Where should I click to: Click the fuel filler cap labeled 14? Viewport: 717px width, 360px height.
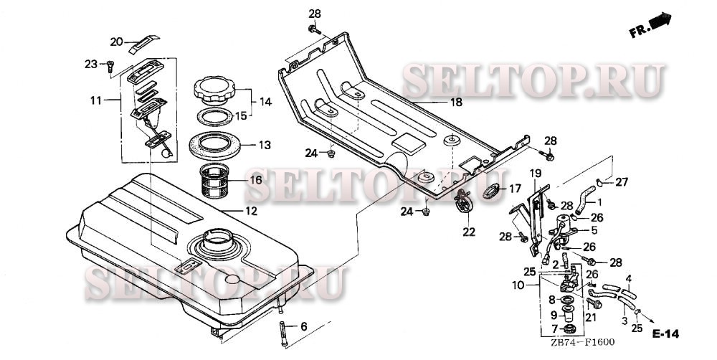click(x=214, y=90)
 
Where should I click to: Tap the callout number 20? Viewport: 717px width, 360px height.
click(x=117, y=42)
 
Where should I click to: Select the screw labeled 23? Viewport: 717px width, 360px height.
click(x=110, y=67)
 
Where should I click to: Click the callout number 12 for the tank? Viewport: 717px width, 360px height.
click(x=251, y=212)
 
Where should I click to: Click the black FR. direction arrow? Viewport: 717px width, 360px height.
click(x=660, y=22)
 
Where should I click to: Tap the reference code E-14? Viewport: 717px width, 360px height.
click(x=665, y=334)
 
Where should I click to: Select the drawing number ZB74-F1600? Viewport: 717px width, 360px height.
click(x=582, y=341)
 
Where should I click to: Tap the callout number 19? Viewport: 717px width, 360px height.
click(x=536, y=174)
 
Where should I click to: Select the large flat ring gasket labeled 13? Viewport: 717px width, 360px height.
click(x=214, y=146)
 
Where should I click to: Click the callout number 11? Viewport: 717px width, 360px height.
click(x=96, y=100)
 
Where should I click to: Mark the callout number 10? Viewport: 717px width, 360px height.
click(x=518, y=286)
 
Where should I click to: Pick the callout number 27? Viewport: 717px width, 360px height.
click(x=622, y=182)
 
